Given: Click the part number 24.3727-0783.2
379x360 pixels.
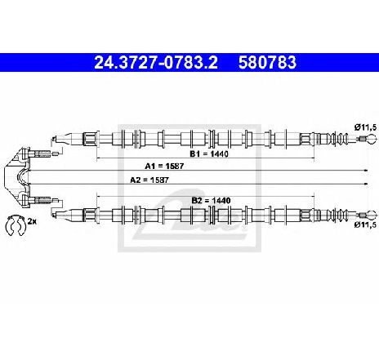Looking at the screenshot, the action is point(156,62).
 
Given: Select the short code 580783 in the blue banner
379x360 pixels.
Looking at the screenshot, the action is point(267,62).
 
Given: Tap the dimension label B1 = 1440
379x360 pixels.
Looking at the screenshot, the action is point(209,154).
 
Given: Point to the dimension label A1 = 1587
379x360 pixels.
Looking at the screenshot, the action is point(164,166).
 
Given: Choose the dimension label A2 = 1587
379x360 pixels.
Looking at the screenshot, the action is point(149,180).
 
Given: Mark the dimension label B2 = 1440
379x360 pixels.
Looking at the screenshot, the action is point(211,201).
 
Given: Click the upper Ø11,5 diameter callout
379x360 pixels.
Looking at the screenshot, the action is point(365,127).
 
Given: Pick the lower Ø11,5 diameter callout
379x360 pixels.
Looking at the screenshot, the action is point(365,224).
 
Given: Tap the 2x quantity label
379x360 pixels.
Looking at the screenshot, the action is point(32,221).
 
